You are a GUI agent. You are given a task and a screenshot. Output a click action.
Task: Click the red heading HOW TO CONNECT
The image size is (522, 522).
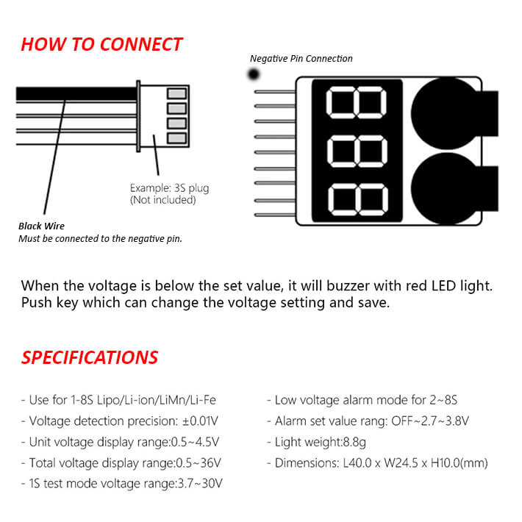101,44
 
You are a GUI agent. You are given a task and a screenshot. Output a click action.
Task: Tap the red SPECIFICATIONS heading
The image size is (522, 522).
89,357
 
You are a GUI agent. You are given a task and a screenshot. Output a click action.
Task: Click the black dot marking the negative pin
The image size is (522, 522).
254,74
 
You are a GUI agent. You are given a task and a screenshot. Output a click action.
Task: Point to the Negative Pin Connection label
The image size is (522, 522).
301,59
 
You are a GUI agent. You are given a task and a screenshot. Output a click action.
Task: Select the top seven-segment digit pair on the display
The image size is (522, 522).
357,102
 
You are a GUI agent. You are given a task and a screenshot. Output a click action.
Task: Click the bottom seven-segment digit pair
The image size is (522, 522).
358,199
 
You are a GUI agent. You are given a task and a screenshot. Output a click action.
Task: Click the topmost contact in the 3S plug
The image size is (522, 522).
176,93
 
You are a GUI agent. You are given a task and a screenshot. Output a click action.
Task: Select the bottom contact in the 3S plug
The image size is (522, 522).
176,138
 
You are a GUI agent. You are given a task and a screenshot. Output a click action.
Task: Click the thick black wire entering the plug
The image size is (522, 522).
76,93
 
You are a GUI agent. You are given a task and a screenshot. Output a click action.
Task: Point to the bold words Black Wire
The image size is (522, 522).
41,226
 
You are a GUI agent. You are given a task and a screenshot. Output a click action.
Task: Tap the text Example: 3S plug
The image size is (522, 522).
169,188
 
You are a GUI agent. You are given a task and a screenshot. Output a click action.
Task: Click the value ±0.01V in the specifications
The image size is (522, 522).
200,421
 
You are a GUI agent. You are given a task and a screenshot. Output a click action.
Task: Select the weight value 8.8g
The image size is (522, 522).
354,442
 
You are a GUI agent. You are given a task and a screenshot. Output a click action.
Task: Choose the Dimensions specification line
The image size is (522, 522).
377,463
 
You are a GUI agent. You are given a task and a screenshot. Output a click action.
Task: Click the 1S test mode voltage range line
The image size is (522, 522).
122,484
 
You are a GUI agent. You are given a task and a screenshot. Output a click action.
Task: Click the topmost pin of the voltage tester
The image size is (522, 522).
275,92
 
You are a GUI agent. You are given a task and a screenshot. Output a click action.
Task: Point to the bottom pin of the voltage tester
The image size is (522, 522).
275,215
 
